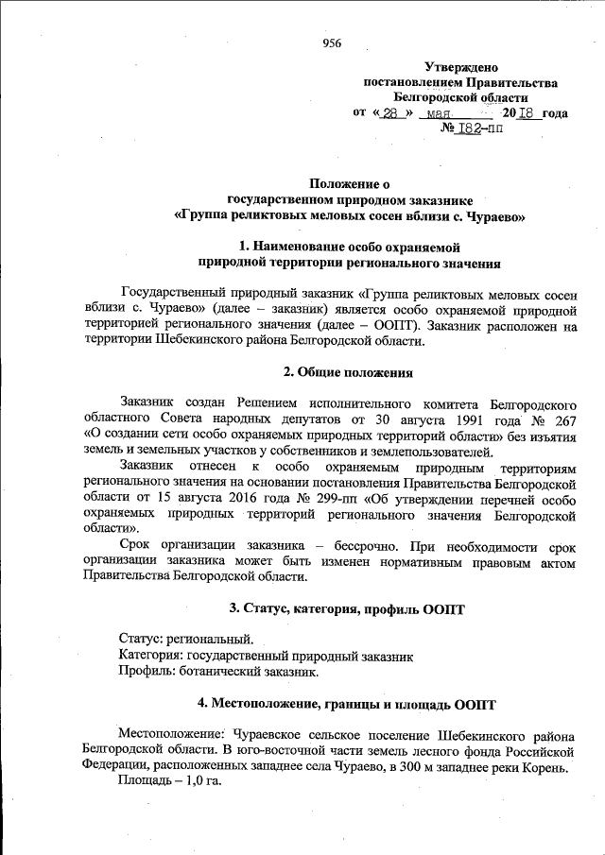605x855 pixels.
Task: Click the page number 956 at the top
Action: [x=332, y=43]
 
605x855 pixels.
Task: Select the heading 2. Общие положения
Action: [x=349, y=372]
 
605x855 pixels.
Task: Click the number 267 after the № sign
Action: [x=563, y=419]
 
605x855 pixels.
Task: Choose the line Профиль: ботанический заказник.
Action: [x=218, y=671]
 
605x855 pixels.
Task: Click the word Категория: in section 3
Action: [x=151, y=655]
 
